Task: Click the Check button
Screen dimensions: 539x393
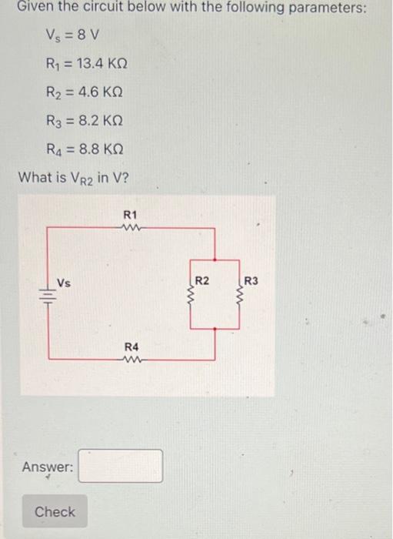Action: [55, 512]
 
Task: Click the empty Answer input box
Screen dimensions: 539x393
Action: [121, 466]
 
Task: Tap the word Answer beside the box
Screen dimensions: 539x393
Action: [48, 467]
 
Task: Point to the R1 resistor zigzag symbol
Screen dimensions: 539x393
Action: [130, 228]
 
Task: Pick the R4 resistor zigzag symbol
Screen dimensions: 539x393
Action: [130, 357]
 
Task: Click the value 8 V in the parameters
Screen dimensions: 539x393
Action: [89, 35]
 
